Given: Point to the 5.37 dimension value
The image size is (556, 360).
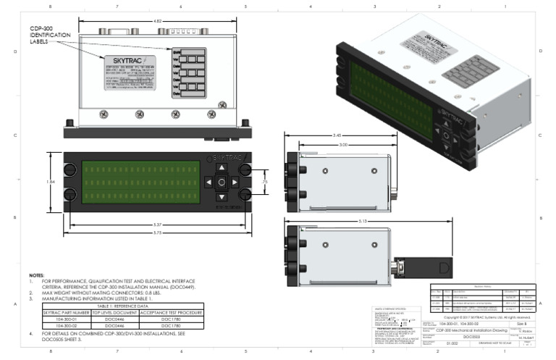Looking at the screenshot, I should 157,223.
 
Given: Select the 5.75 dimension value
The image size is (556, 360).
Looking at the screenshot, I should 157,231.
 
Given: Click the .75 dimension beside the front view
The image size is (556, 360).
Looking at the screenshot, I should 265,181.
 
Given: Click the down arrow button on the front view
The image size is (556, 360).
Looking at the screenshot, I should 222,196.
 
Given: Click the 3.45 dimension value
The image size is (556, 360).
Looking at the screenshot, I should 337,135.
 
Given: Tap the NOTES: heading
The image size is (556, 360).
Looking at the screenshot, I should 36,276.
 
